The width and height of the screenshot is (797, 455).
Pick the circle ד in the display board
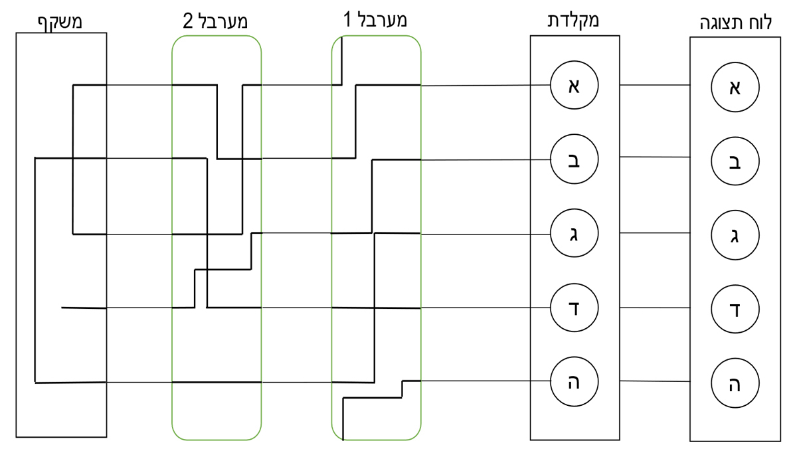[x=735, y=309]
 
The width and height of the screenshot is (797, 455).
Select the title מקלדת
[x=576, y=20]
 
